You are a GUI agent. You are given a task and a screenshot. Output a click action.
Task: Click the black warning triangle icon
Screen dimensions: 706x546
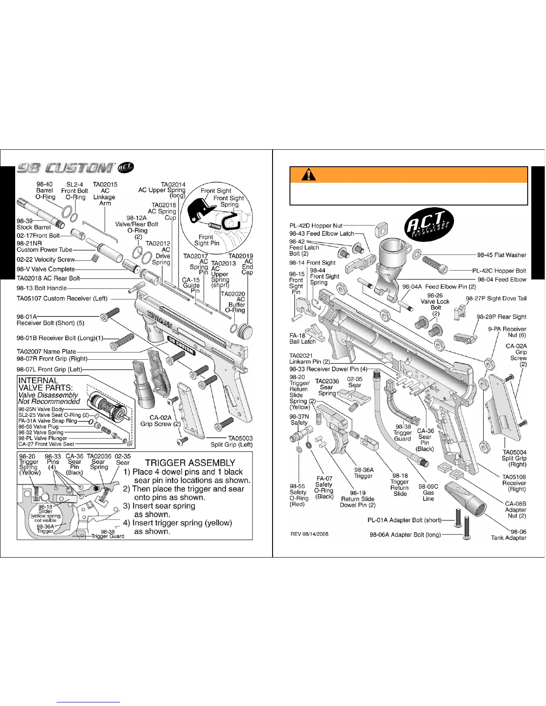tap(308, 175)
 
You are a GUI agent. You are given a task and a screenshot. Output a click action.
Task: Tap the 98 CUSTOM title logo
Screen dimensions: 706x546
tap(65, 167)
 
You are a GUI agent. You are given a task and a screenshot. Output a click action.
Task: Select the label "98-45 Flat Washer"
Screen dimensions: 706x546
tap(501, 255)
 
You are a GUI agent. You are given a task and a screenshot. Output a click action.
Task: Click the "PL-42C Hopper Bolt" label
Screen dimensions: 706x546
tap(499, 271)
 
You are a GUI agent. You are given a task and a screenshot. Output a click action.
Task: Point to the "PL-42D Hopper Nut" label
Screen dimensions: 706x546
tap(316, 226)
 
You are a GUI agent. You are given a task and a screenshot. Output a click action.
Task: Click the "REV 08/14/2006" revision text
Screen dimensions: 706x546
tap(309, 534)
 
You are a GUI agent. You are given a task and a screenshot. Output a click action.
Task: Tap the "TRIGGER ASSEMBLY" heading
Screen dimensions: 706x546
tap(190, 463)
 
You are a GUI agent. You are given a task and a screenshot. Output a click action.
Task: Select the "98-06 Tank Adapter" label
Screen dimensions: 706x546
tap(509, 534)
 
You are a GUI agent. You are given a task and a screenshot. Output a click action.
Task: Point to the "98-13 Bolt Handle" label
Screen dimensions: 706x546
tap(41, 288)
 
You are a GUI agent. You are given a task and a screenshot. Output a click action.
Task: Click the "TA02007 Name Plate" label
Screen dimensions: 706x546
tap(46, 351)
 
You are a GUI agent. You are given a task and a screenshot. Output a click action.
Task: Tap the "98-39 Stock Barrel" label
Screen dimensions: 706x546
tap(33, 224)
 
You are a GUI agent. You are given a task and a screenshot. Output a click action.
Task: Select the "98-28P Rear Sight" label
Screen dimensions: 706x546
tap(501, 316)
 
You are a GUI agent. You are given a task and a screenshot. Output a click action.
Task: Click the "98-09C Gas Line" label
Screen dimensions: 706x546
tap(428, 493)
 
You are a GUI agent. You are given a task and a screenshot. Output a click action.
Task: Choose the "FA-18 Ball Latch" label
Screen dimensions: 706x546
tap(302, 339)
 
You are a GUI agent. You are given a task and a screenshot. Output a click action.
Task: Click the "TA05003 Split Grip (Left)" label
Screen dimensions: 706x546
tap(231, 441)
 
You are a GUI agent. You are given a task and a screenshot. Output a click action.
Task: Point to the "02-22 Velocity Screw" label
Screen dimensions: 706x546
tap(45, 259)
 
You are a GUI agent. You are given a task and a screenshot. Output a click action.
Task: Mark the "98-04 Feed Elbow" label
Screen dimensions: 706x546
tap(502, 279)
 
